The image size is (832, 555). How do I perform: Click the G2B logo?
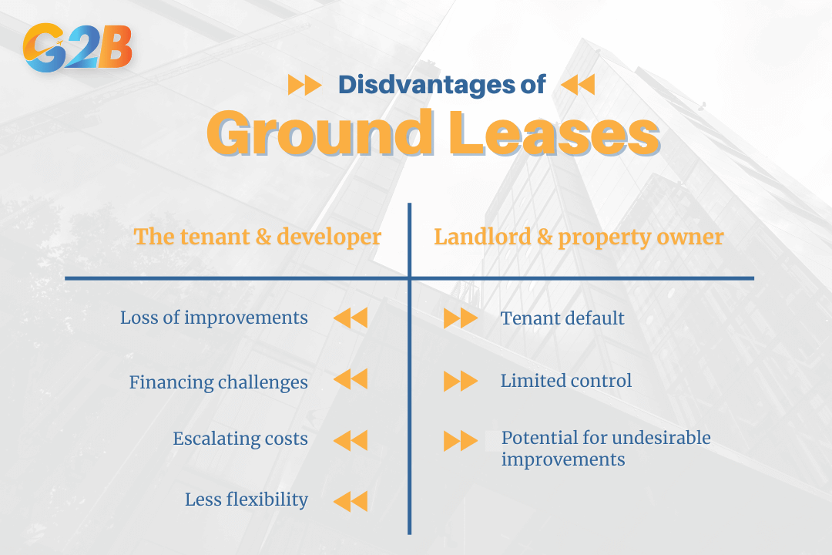[78, 47]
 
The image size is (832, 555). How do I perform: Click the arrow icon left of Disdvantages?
[304, 85]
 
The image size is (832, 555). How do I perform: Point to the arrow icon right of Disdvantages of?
[578, 85]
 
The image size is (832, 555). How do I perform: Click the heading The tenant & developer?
[257, 237]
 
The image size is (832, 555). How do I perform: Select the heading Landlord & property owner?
[579, 237]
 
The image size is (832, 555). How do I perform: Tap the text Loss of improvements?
[213, 318]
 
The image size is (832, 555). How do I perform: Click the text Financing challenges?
[218, 382]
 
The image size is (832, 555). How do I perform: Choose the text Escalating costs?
[240, 439]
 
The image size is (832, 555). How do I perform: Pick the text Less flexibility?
[247, 499]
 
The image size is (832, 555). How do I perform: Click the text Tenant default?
[562, 318]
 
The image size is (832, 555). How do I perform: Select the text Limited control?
[566, 380]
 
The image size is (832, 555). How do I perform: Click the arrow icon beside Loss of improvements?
[351, 318]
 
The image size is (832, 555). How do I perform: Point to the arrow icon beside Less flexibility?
[351, 501]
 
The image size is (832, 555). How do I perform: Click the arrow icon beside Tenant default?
[461, 318]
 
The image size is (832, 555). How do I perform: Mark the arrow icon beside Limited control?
[461, 381]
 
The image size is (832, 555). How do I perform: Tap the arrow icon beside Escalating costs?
[351, 440]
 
